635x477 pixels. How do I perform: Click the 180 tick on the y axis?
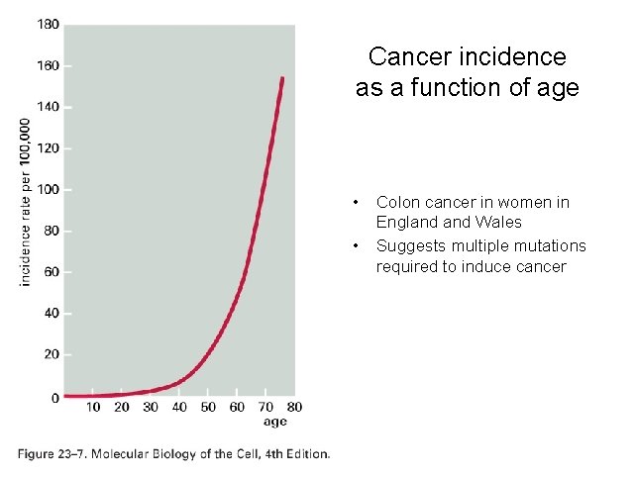coord(49,24)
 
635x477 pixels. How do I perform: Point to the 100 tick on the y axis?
coord(49,189)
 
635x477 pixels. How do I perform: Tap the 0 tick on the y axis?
coord(55,397)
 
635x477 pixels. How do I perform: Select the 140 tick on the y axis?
coord(49,107)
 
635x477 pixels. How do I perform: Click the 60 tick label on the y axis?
coord(52,272)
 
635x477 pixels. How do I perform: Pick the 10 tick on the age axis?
coord(93,407)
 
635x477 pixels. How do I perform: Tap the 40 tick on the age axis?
coord(179,407)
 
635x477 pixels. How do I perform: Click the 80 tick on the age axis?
coord(294,407)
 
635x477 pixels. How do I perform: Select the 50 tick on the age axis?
coord(208,407)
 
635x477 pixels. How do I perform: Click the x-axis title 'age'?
coord(275,422)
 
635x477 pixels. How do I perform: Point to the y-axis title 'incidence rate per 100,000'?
coord(26,202)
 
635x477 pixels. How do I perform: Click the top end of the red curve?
coord(282,78)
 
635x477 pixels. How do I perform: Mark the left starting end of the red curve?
coord(65,396)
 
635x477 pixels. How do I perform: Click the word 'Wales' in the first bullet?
coord(499,223)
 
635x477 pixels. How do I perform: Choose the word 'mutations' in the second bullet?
coord(547,245)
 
